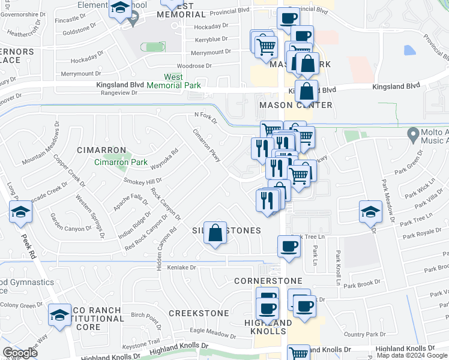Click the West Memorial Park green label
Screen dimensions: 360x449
pos(173,81)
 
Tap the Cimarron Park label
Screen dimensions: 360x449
pos(121,162)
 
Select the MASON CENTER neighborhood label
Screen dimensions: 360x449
pos(295,105)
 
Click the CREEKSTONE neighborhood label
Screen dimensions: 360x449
pos(199,313)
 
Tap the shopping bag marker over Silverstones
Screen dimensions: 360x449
pos(215,233)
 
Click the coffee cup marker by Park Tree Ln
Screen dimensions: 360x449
pos(289,246)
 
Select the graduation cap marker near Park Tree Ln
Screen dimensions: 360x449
pos(370,211)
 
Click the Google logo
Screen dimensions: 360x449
pos(20,353)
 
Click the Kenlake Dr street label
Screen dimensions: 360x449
pos(182,267)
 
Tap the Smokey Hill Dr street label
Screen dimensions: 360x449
pos(142,181)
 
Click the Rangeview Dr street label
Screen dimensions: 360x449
pos(117,92)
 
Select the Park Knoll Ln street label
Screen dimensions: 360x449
pos(339,268)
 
